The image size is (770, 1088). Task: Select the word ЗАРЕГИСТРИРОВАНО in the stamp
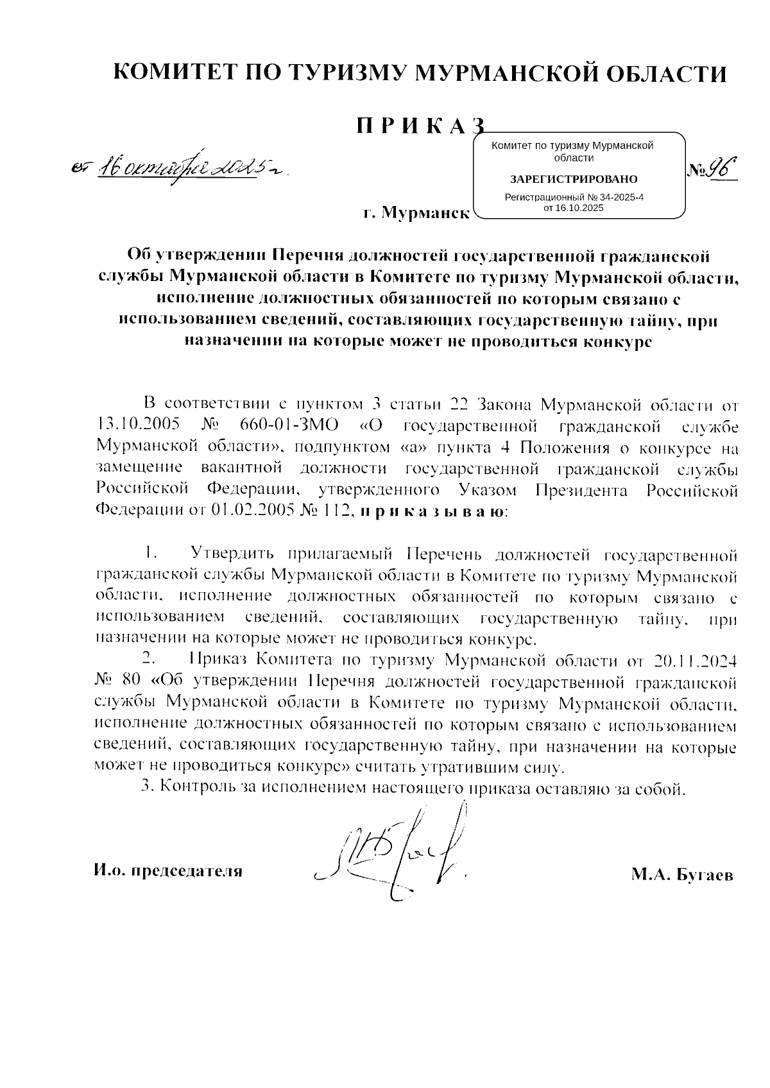573,178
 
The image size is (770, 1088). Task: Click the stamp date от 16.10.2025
573,208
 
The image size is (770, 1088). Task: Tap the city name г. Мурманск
415,212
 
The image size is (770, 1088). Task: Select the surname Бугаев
704,875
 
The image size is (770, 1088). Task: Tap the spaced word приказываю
432,511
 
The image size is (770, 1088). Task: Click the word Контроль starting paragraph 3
191,787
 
